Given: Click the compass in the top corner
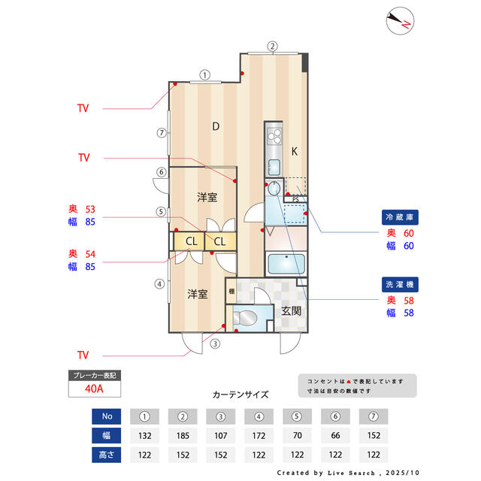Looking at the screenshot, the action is tap(400, 21).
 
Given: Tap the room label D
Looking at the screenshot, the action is tap(216, 126).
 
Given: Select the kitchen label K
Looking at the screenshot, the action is tap(294, 151).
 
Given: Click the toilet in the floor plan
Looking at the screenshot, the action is tap(245, 318).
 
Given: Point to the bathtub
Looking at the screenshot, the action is tap(286, 264).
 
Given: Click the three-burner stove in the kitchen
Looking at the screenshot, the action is tap(274, 137).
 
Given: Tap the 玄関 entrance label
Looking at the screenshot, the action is tap(291, 310).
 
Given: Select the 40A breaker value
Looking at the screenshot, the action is tap(94, 389).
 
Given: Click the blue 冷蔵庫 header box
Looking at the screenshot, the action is tap(400, 217).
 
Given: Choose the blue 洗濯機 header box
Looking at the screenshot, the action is tap(400, 285).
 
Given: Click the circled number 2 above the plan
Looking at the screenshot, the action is tap(272, 47).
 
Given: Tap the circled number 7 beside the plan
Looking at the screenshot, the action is tap(162, 133).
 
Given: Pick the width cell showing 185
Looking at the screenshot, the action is tap(183, 436).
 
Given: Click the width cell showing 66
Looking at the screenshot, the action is tap(335, 436).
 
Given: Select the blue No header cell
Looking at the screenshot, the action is tap(107, 416).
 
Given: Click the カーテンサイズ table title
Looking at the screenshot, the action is tap(240, 395).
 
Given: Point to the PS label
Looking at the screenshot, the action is tap(295, 200).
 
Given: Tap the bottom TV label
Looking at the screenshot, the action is tap(83, 355).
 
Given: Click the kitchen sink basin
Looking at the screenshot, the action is tap(274, 167).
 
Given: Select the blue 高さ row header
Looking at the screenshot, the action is tap(107, 455).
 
